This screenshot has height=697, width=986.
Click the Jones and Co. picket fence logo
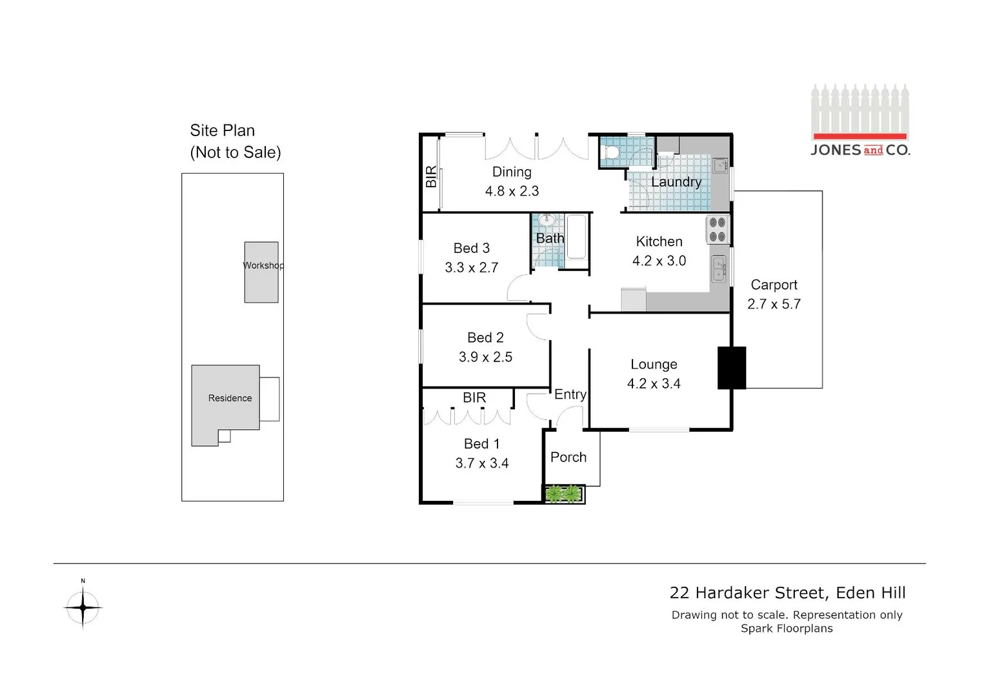click(860, 120)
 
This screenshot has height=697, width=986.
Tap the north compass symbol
click(83, 607)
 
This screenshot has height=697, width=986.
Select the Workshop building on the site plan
click(261, 272)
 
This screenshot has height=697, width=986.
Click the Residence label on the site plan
click(230, 398)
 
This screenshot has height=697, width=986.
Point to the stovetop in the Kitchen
click(717, 229)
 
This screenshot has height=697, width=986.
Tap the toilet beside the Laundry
click(610, 152)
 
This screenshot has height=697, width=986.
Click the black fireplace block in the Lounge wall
click(732, 368)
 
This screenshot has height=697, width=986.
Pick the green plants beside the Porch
click(564, 494)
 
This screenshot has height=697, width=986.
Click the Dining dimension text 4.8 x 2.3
click(512, 191)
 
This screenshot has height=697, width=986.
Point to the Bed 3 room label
click(471, 248)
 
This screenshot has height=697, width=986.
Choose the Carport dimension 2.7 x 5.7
click(774, 304)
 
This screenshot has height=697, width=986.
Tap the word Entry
click(570, 394)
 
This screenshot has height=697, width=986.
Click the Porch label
click(568, 457)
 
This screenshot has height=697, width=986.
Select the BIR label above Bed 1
click(474, 398)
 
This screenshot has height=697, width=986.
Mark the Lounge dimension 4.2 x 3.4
click(654, 383)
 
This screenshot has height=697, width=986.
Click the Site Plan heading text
click(222, 130)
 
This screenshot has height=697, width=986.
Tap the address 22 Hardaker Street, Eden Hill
click(787, 592)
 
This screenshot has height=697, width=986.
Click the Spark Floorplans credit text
click(787, 629)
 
